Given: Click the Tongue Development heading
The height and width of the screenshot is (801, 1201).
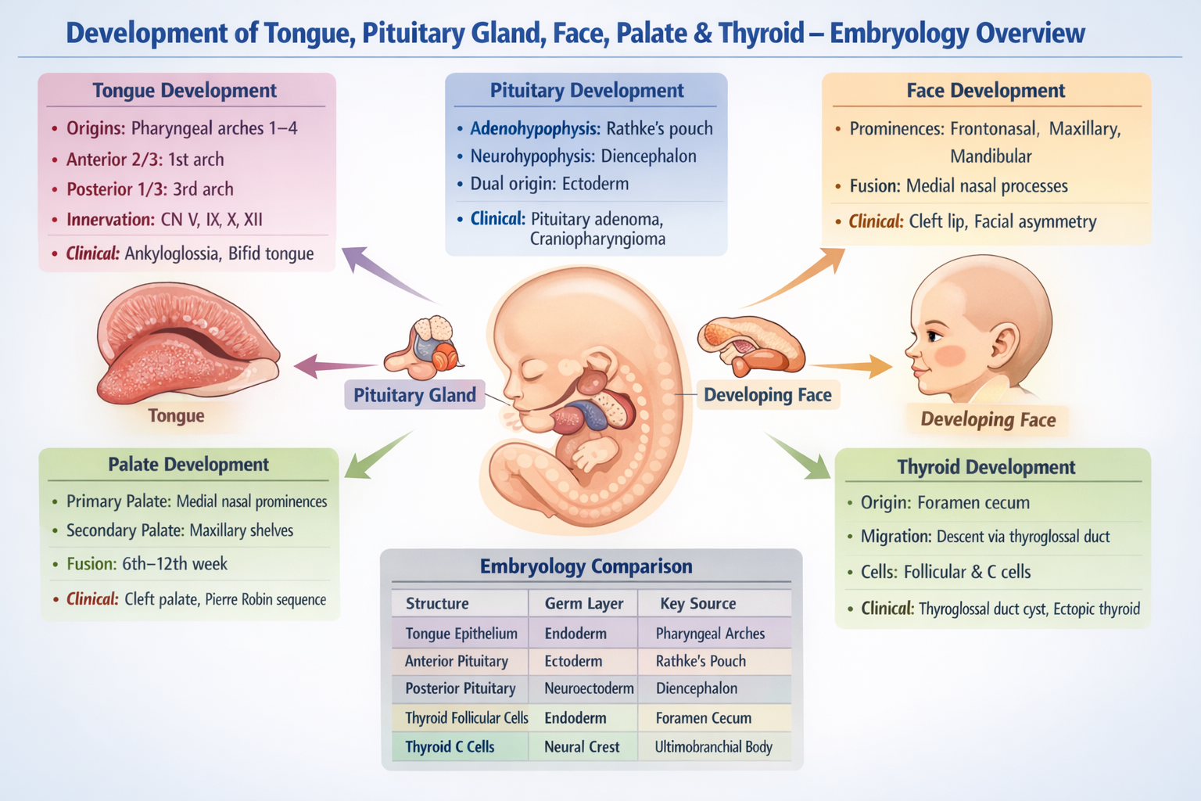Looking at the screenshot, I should click(x=185, y=91).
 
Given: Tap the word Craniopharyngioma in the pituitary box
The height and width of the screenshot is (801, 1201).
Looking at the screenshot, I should click(x=597, y=239).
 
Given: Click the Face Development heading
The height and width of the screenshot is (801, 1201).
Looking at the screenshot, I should click(x=985, y=91).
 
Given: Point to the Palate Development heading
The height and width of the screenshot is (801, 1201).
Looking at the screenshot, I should click(x=188, y=465).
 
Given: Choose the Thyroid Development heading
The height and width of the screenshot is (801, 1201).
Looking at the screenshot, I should click(x=986, y=467).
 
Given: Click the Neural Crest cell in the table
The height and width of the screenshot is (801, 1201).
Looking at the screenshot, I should click(x=582, y=747).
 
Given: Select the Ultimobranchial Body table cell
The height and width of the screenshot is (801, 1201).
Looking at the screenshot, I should click(x=713, y=747).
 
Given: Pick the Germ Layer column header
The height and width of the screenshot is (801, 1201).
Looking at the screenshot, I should click(x=583, y=603).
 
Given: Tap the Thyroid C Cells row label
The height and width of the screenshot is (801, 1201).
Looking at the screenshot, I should click(x=450, y=747).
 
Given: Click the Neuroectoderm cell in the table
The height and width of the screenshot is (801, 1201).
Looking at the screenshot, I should click(x=589, y=688).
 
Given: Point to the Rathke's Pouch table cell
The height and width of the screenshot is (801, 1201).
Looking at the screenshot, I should click(x=701, y=661).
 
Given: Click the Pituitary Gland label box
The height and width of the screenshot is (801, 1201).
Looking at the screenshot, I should click(x=414, y=395).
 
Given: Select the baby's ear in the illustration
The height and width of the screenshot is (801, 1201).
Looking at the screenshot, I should click(x=1003, y=344).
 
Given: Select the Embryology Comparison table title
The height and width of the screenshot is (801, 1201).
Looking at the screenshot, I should click(x=586, y=566).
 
